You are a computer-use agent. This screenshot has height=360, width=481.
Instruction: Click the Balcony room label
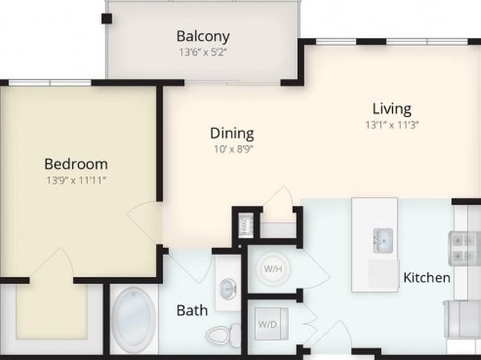[203, 36]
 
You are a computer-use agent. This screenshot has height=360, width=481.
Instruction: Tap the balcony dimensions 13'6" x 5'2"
[203, 52]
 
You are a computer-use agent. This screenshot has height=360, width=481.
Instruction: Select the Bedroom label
[76, 164]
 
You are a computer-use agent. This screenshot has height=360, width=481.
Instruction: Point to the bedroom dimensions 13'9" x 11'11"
[76, 180]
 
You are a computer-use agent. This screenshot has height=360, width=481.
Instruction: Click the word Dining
[232, 133]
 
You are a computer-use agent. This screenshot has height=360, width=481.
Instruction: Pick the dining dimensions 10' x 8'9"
[233, 149]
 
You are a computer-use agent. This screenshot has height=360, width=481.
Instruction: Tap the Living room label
[391, 109]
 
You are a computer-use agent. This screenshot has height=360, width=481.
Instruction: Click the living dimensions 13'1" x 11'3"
[391, 125]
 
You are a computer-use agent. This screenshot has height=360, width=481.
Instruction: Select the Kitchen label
[427, 278]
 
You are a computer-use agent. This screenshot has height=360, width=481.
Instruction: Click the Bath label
[192, 311]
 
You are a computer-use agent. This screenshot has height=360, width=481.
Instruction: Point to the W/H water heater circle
[273, 269]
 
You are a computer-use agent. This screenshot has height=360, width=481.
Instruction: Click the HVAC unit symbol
[246, 225]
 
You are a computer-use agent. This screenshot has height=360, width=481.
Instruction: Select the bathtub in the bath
[134, 320]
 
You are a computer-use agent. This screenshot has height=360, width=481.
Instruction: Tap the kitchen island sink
[383, 241]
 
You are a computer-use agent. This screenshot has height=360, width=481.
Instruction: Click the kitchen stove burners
[465, 249]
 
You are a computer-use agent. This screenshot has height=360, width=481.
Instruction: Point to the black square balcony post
[107, 19]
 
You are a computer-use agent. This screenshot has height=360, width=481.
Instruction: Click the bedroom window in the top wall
[50, 82]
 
